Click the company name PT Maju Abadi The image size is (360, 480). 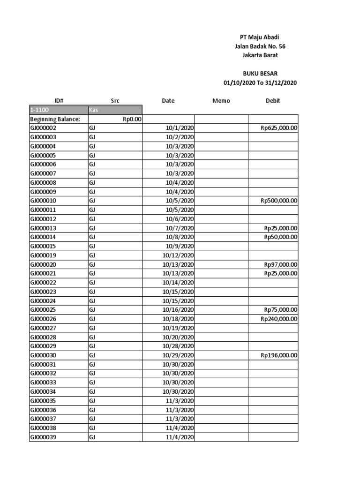click(260, 37)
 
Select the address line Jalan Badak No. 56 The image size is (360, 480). click(260, 46)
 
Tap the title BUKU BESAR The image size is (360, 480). click(260, 74)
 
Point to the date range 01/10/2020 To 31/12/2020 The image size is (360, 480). click(260, 83)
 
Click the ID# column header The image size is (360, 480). click(59, 101)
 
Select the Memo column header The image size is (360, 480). click(221, 101)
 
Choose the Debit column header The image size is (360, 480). click(273, 101)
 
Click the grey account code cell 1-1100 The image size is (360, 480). click(58, 110)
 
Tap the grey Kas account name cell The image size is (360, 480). click(115, 110)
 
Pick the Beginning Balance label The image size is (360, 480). click(55, 119)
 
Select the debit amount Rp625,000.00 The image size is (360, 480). click(279, 128)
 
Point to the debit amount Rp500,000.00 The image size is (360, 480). click(279, 201)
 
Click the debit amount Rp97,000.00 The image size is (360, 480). click(280, 264)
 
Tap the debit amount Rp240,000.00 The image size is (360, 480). click(279, 319)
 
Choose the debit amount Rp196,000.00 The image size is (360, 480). click(279, 355)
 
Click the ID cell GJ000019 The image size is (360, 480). click(43, 255)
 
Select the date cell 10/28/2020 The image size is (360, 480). click(178, 346)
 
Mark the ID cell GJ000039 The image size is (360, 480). click(43, 437)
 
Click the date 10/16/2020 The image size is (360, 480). click(178, 310)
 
